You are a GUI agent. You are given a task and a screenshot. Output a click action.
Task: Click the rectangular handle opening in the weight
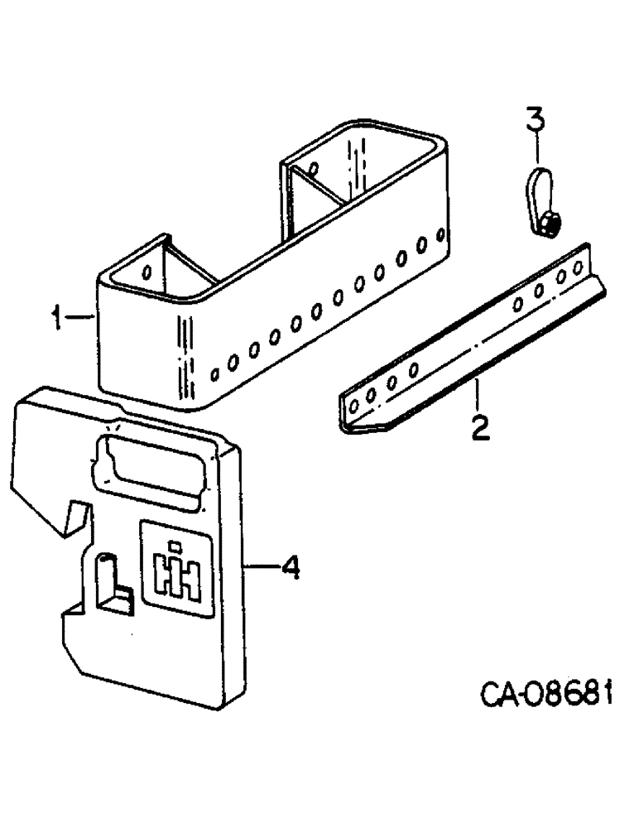pos(149,468)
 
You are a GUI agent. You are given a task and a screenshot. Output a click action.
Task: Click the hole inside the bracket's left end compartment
pos(147,271)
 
